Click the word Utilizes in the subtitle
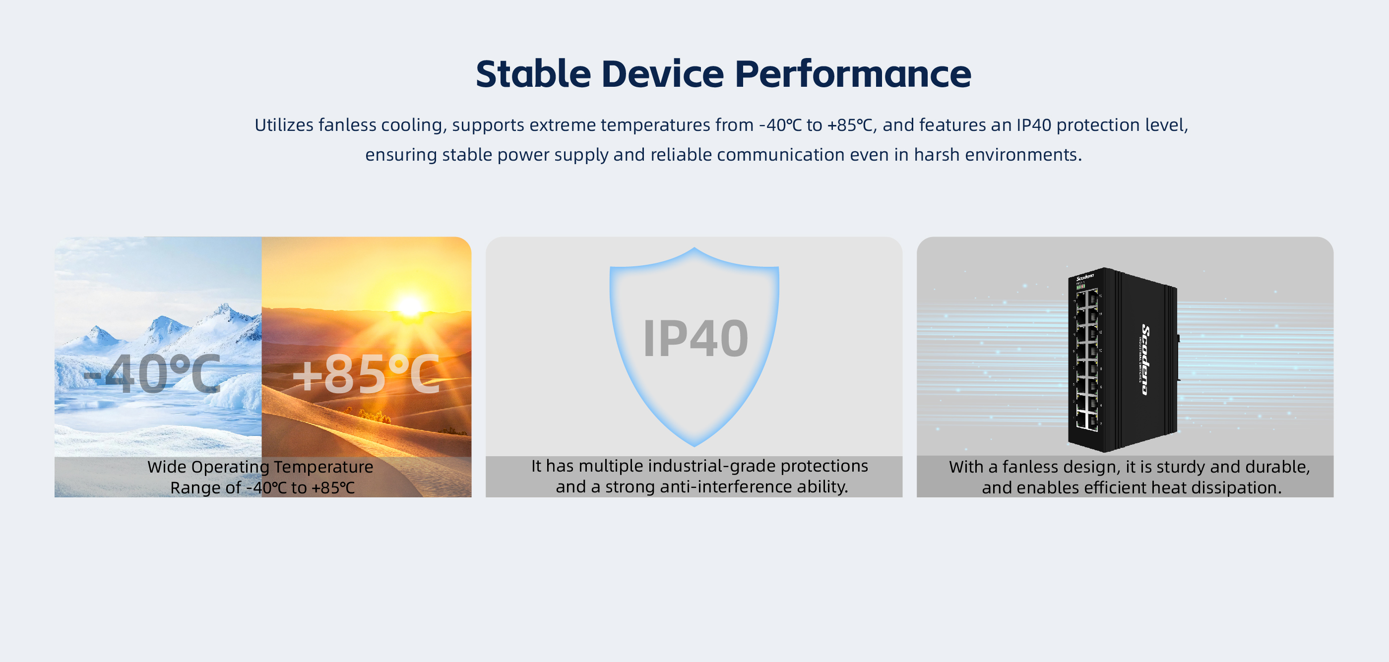coord(284,125)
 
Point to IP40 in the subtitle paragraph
coord(1034,125)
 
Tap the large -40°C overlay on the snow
coord(153,373)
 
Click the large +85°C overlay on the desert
coord(366,373)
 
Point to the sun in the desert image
coord(409,305)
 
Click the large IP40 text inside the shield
coord(695,339)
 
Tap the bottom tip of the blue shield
coord(694,446)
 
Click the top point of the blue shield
coord(694,248)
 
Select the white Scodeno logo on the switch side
coord(1145,360)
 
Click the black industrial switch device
coord(1123,360)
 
